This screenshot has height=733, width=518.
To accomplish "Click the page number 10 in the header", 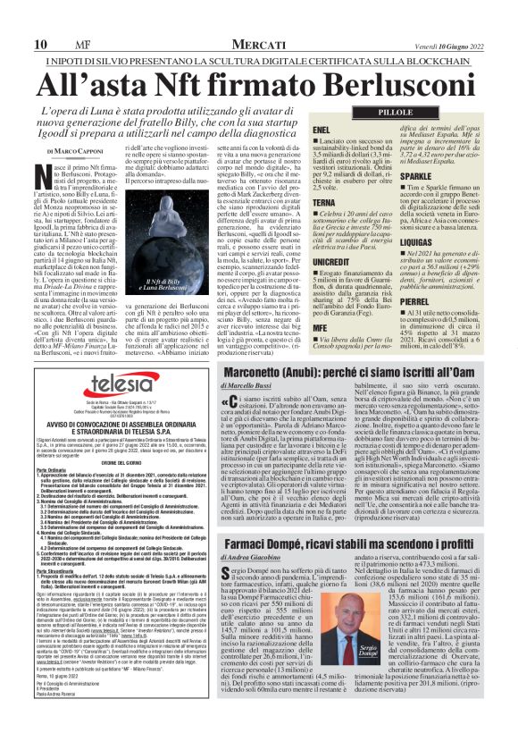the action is [x=41, y=44].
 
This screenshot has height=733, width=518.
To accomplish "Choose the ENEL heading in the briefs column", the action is [x=322, y=131].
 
